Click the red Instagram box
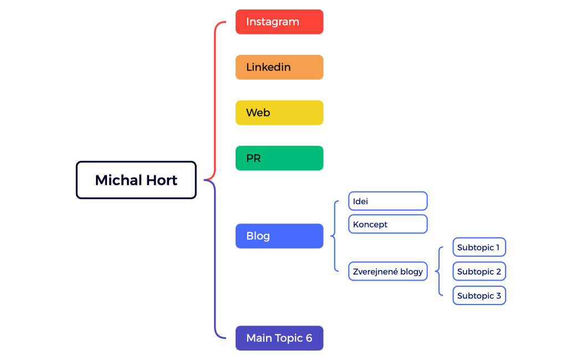(x=279, y=22)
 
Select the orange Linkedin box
(x=279, y=67)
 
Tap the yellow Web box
(x=279, y=113)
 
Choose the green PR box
(x=279, y=158)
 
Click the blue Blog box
(x=279, y=236)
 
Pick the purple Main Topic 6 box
(x=279, y=338)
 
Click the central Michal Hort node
(x=136, y=180)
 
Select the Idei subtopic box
(x=388, y=201)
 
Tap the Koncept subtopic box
(x=388, y=224)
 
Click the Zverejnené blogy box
(x=388, y=271)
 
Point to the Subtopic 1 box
(x=479, y=247)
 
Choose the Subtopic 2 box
(x=479, y=271)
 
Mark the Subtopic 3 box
(x=479, y=296)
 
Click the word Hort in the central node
(x=162, y=180)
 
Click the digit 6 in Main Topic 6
(x=309, y=338)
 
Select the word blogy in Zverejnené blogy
(x=411, y=272)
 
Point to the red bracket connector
(x=215, y=100)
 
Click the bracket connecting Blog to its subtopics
(x=335, y=236)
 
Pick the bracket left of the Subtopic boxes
(x=439, y=271)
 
